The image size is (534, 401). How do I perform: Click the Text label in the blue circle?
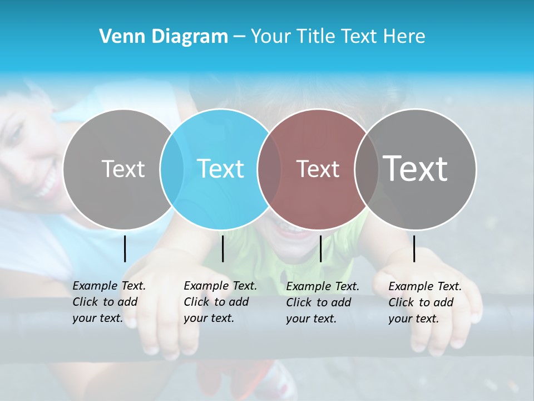coord(221,169)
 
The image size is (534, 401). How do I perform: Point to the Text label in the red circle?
coord(318,169)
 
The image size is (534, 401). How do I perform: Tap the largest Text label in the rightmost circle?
coord(416,169)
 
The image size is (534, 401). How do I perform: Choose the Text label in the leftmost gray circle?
coord(123,169)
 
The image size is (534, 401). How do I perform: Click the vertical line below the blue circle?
coord(222,248)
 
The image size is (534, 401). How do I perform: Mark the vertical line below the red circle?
coord(320,248)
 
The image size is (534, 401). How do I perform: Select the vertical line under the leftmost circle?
coord(125,248)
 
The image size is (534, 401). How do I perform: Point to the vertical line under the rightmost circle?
coord(414,248)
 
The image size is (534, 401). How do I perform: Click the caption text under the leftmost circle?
coord(108,302)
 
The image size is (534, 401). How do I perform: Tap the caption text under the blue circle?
coord(220,302)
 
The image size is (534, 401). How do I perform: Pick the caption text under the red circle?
coord(322,302)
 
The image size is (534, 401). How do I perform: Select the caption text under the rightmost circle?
coord(424,302)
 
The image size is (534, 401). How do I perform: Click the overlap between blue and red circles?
coord(270,169)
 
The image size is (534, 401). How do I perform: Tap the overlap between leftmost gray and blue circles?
coord(172,169)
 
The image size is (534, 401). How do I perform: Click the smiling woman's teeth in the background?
coord(49,184)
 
